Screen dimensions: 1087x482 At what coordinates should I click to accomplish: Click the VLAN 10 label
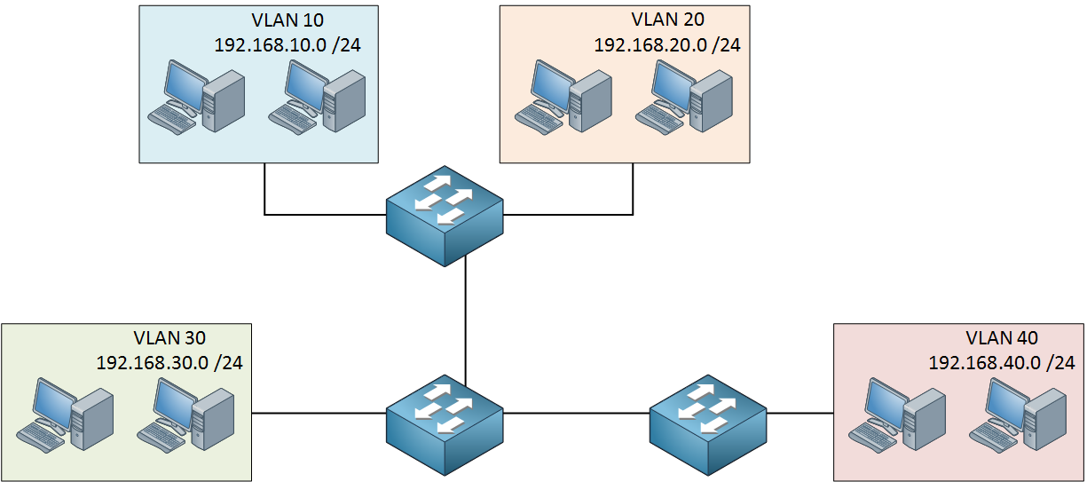[x=288, y=20]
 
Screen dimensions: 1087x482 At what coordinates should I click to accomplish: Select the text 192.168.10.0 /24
[x=288, y=45]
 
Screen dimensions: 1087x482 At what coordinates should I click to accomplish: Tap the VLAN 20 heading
[x=667, y=20]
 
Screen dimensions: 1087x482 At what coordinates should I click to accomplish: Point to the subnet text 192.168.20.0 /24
[x=667, y=45]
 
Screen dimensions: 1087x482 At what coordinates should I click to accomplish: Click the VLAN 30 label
[x=169, y=338]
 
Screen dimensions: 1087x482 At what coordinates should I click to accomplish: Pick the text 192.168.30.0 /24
[x=169, y=363]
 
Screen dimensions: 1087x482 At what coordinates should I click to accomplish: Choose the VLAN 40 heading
[x=1002, y=338]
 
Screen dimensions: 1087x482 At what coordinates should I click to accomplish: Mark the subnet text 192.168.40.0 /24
[x=1002, y=363]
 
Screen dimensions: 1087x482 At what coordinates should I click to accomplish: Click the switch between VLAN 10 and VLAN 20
[x=445, y=216]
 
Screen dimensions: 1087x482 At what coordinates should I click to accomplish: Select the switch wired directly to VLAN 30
[x=445, y=424]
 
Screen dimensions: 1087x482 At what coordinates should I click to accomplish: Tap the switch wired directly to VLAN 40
[x=708, y=424]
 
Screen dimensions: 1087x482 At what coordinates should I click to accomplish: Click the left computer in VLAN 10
[x=196, y=97]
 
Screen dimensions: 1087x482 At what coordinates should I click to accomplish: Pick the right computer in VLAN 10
[x=317, y=97]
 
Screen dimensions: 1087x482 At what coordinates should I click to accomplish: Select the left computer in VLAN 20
[x=563, y=97]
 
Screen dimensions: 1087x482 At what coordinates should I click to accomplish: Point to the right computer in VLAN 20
[x=684, y=97]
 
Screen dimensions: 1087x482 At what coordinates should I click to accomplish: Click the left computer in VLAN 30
[x=65, y=415]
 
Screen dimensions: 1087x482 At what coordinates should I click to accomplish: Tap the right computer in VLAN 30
[x=185, y=415]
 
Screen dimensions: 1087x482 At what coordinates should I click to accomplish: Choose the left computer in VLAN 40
[x=897, y=415]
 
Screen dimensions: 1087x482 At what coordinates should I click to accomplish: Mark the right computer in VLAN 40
[x=1018, y=415]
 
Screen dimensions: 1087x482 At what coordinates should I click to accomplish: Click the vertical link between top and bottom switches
[x=465, y=320]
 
